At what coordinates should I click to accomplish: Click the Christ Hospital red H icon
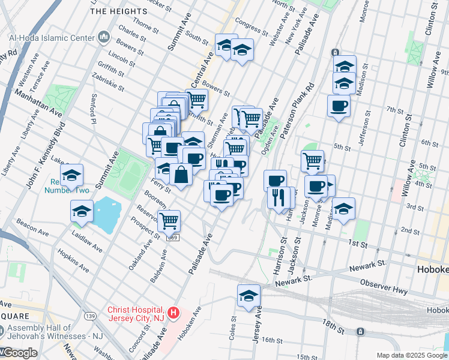click(x=173, y=313)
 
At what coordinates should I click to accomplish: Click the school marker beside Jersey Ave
click(x=249, y=295)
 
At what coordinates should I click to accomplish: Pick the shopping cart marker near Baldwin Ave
click(x=169, y=221)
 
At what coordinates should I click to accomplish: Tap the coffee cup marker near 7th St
click(x=339, y=106)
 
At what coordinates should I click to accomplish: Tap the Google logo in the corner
click(x=19, y=353)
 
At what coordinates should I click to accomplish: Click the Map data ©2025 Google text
click(x=412, y=355)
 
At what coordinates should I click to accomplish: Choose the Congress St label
click(x=250, y=26)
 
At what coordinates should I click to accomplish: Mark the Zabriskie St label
click(x=108, y=83)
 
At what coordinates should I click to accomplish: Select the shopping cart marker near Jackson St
click(x=312, y=161)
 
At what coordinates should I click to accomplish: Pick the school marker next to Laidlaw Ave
click(x=82, y=211)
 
